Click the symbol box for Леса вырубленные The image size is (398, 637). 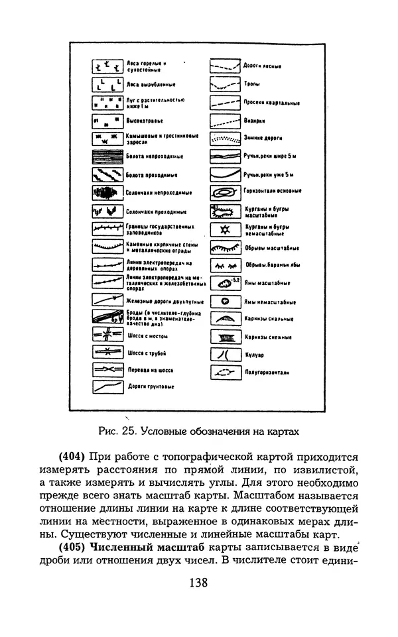pos(106,85)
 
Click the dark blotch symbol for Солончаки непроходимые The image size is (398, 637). pos(106,193)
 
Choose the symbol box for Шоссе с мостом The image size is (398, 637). pos(106,335)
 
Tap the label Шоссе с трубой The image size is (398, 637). pos(145,353)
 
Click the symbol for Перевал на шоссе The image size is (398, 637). pos(106,371)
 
